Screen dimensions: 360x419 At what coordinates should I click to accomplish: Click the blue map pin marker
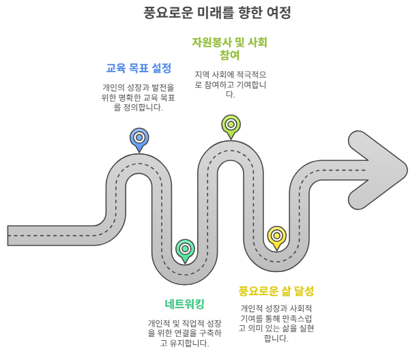click(x=139, y=138)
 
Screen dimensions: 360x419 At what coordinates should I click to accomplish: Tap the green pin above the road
click(x=231, y=125)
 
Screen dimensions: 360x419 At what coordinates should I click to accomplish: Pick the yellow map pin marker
click(x=276, y=236)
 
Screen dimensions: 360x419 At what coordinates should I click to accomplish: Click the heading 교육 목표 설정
click(x=139, y=69)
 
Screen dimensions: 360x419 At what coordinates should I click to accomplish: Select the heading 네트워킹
click(x=185, y=304)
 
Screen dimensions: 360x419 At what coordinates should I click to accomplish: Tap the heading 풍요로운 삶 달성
click(x=276, y=291)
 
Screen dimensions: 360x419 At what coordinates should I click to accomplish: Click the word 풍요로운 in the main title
click(x=172, y=13)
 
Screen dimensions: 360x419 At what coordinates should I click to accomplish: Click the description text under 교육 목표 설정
click(x=139, y=97)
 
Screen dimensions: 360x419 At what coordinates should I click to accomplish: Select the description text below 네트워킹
click(x=185, y=333)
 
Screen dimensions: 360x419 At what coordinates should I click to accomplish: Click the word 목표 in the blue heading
click(x=139, y=69)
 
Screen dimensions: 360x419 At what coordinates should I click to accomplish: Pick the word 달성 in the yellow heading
click(x=301, y=291)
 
